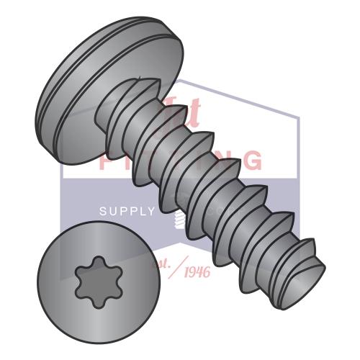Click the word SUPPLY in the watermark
pos(127,212)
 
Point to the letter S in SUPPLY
pos(102,212)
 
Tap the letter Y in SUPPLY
pos(150,212)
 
